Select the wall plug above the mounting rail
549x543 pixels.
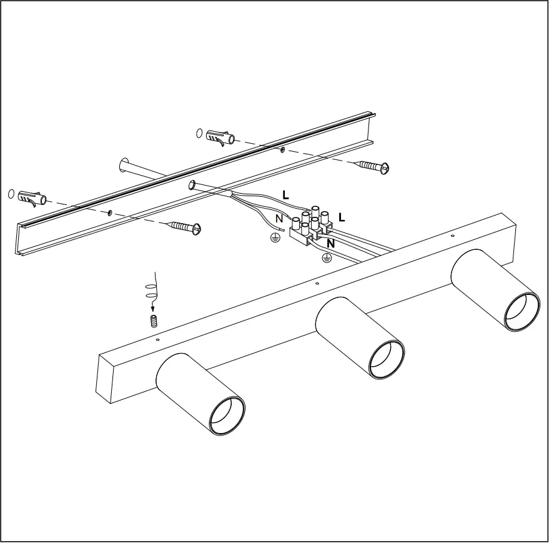[x=220, y=136]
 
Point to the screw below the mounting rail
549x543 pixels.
[x=184, y=226]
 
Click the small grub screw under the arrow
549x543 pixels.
[x=154, y=321]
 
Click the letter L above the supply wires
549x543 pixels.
[x=285, y=194]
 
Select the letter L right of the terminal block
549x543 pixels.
[x=342, y=217]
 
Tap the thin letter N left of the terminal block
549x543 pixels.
[x=279, y=219]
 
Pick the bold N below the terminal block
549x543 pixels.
[x=331, y=244]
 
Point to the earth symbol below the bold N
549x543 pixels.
[x=325, y=257]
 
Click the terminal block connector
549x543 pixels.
[x=309, y=226]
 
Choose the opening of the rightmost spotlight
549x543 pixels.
[x=522, y=311]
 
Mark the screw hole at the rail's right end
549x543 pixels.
[x=283, y=150]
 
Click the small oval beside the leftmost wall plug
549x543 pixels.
[x=11, y=194]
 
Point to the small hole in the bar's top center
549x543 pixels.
[x=317, y=283]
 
